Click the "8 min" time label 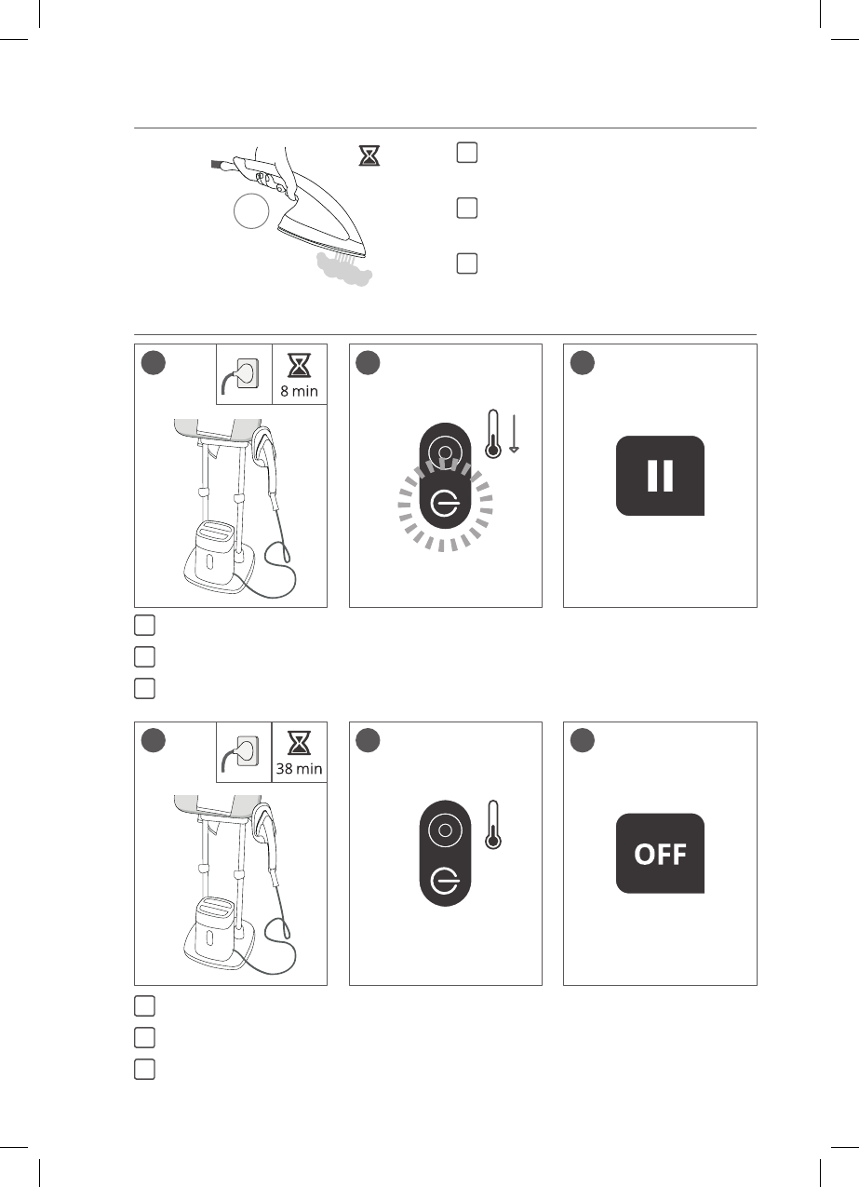click(299, 392)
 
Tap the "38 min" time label click(299, 770)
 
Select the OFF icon click(660, 854)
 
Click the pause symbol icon click(660, 475)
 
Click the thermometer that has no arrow click(493, 825)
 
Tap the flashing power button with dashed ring click(445, 504)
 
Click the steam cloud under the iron click(344, 269)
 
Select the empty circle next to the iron click(251, 212)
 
